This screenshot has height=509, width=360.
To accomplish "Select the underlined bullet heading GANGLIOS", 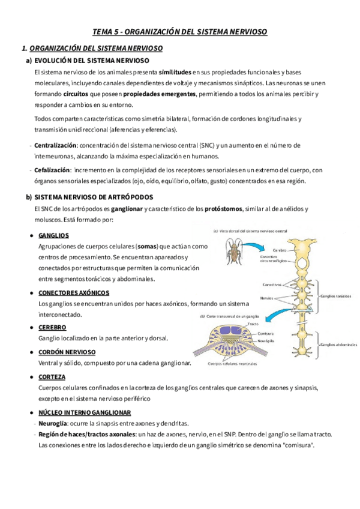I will pos(53,235).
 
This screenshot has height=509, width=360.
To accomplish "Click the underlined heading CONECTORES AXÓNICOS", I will pos(73,292).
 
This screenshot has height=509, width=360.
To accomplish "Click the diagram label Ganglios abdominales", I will pos(338,345).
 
